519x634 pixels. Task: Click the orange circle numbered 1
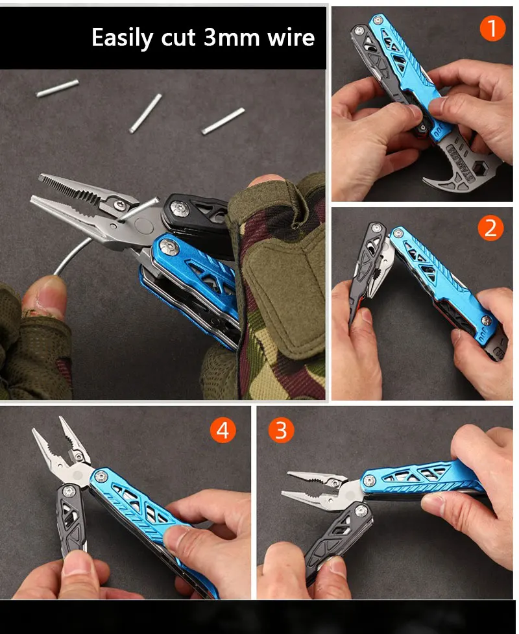(x=492, y=29)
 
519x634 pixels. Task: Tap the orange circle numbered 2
(x=490, y=228)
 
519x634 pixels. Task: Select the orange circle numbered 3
(x=282, y=430)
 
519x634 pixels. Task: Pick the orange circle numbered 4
(x=223, y=430)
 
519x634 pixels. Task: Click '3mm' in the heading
(x=232, y=38)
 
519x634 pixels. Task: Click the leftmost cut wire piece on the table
(x=57, y=88)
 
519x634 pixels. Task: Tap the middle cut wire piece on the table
(x=145, y=113)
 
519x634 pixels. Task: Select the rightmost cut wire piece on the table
(x=223, y=121)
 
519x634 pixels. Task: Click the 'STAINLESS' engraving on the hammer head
(x=460, y=160)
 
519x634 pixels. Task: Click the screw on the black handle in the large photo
(x=179, y=209)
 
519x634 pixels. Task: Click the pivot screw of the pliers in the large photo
(x=120, y=204)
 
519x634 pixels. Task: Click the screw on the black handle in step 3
(x=361, y=511)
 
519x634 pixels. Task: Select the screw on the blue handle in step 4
(x=101, y=477)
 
